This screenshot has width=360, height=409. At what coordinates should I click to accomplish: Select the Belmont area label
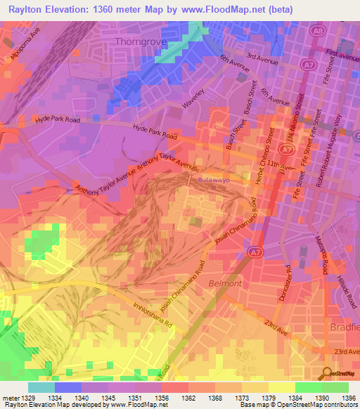(224, 283)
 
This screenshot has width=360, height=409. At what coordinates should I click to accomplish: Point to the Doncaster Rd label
(287, 280)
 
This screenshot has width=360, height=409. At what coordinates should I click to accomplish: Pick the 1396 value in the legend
(347, 398)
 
